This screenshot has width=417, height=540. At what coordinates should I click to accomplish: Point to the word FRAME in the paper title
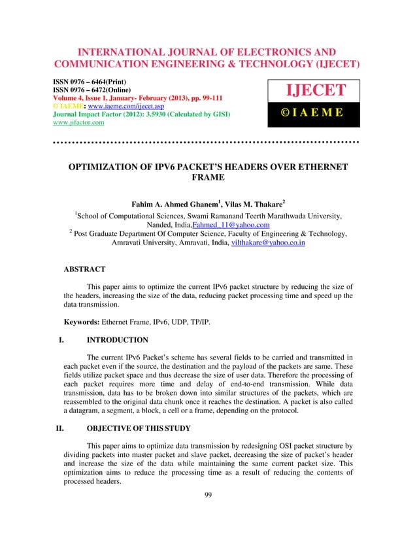208,178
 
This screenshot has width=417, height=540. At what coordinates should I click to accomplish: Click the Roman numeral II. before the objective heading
58,430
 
